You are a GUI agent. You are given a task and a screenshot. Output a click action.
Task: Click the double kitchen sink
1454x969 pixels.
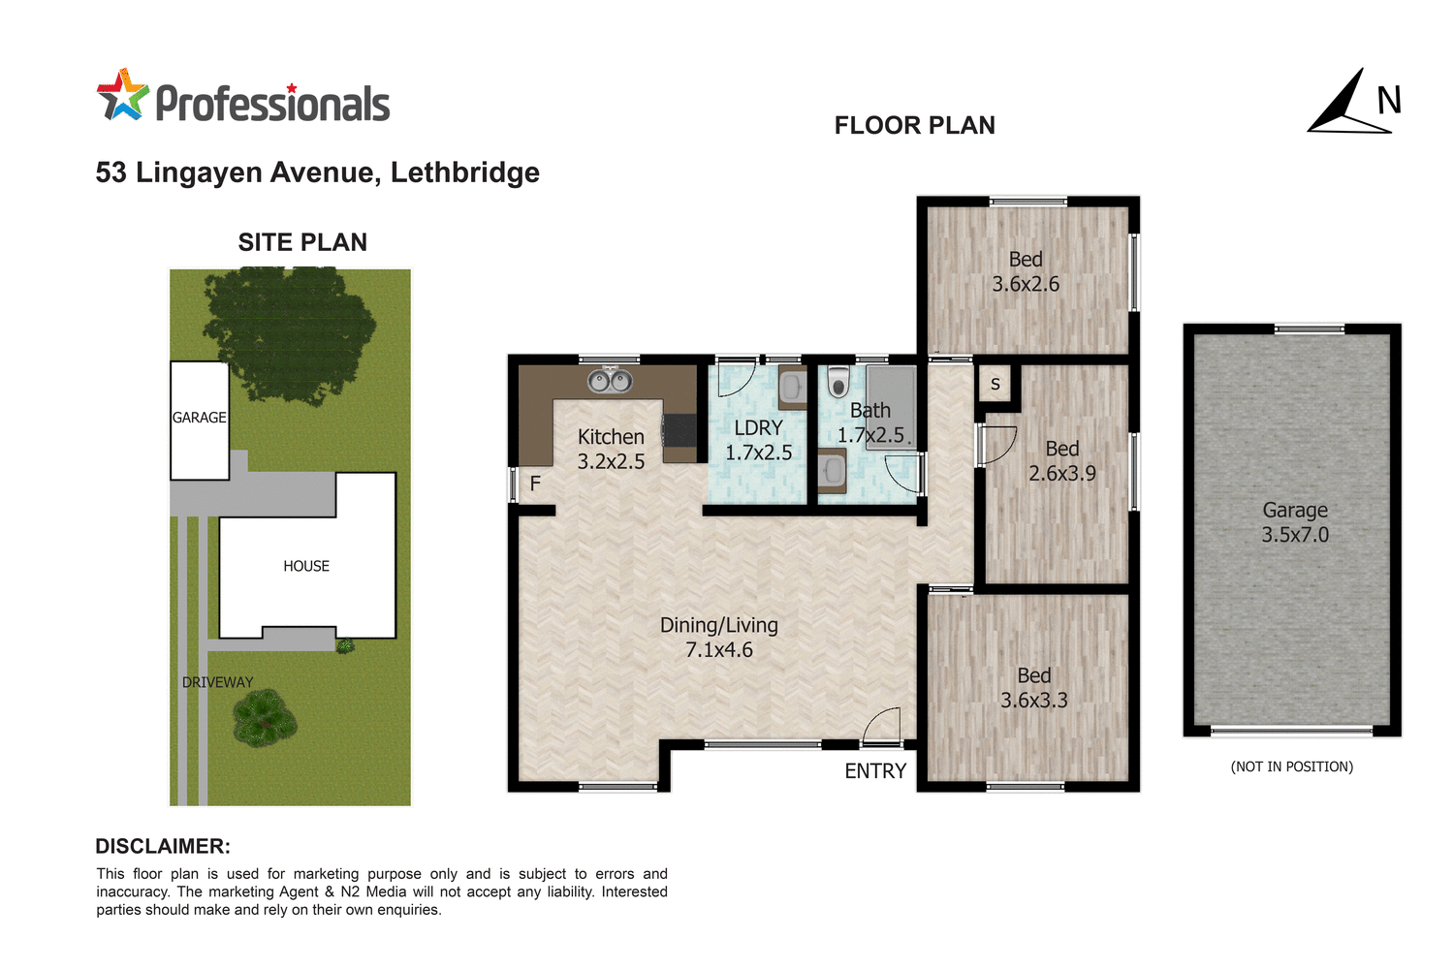point(611,381)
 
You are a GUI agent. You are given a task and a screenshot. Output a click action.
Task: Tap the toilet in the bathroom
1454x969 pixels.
point(838,383)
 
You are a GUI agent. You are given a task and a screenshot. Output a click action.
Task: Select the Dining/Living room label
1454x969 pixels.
point(719,638)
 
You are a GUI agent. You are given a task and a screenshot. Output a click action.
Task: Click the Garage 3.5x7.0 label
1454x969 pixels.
point(1295,522)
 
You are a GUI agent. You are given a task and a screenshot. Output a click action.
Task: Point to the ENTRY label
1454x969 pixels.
point(875,771)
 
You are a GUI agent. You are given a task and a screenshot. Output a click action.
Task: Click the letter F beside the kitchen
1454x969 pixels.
point(535,484)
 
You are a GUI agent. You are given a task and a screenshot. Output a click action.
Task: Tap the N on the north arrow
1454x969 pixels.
point(1389,101)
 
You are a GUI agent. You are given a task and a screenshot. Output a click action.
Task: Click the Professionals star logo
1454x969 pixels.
point(122,95)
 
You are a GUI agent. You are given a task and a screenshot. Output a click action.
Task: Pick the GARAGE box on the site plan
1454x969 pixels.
point(200,420)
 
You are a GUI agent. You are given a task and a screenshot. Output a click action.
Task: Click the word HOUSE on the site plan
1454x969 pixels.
point(306,566)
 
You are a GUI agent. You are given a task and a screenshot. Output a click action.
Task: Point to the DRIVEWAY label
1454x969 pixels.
point(217,682)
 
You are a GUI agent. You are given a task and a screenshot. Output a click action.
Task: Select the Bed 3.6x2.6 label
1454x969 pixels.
point(1026,271)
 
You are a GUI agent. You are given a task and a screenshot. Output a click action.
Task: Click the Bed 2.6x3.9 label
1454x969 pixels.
point(1062,461)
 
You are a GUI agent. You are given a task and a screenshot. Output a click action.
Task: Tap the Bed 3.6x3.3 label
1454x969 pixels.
point(1034,688)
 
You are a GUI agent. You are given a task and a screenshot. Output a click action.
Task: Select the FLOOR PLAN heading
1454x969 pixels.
point(914,126)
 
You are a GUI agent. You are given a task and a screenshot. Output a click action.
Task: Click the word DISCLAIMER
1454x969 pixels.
point(163,846)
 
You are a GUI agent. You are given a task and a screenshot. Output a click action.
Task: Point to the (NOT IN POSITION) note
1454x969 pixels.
point(1291,766)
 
